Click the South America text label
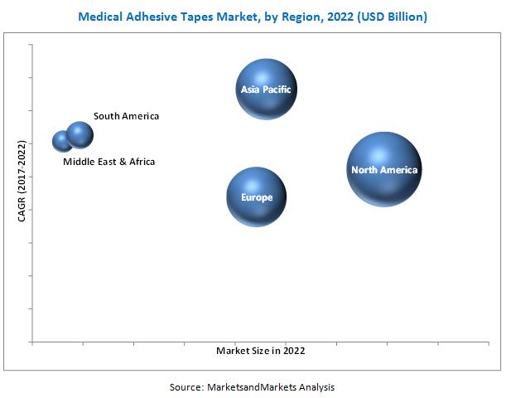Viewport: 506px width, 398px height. tap(126, 116)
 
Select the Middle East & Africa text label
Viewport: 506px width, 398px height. tap(108, 162)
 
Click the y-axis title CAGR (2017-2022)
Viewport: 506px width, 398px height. tap(22, 182)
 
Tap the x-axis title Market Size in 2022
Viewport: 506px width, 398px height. tap(260, 351)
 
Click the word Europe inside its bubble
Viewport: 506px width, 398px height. tap(256, 198)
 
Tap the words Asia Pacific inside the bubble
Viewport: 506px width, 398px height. tap(266, 90)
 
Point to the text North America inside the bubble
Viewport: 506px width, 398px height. tap(384, 170)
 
